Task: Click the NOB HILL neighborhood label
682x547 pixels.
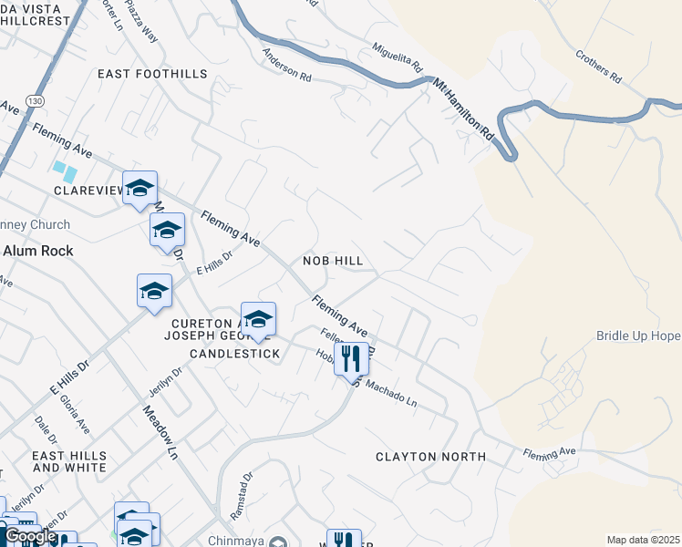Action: [333, 261]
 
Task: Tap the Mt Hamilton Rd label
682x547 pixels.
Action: [462, 108]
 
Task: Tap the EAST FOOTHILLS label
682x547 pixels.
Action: [141, 74]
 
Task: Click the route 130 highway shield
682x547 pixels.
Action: [35, 101]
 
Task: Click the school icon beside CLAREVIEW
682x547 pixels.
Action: [140, 188]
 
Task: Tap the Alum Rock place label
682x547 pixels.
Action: [38, 250]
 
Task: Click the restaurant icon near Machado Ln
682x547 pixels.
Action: [351, 357]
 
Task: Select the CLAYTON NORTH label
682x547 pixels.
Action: [430, 456]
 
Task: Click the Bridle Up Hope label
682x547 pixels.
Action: [638, 335]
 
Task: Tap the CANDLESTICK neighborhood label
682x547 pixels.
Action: [235, 353]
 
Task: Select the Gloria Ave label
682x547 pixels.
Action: [75, 412]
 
